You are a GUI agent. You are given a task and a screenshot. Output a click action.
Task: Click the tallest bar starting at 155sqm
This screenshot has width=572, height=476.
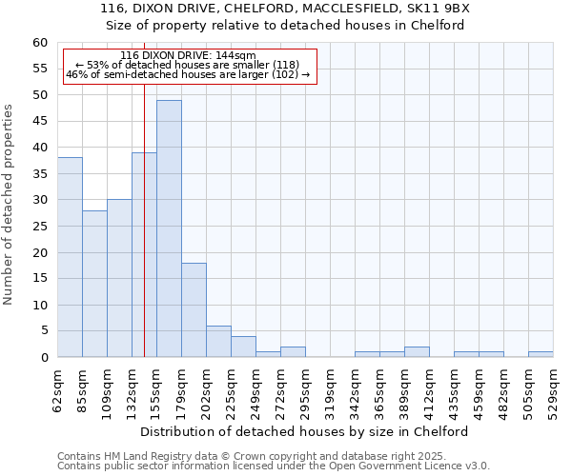[x=169, y=228]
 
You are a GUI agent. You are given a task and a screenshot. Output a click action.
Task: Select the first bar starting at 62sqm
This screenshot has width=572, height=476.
[x=70, y=257]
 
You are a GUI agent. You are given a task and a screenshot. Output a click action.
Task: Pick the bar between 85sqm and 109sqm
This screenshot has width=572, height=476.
[x=94, y=284]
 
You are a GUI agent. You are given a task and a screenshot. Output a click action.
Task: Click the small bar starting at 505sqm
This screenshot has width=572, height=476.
[x=541, y=354]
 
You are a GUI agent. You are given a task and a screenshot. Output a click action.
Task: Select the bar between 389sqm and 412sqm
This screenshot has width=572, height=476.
[x=417, y=352]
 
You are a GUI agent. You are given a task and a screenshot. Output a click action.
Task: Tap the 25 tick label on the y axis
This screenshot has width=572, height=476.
[x=39, y=227]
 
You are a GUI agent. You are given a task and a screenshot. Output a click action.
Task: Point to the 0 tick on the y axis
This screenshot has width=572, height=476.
[x=43, y=358]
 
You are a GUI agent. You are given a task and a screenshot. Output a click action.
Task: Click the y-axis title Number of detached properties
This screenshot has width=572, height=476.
[x=10, y=205]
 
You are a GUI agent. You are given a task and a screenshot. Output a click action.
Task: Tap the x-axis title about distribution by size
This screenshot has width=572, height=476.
[x=311, y=431]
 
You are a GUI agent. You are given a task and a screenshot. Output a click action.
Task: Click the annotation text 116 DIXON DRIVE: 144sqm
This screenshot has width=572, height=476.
[x=188, y=55]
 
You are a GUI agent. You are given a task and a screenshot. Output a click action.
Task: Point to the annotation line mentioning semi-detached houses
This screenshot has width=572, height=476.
[x=188, y=74]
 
